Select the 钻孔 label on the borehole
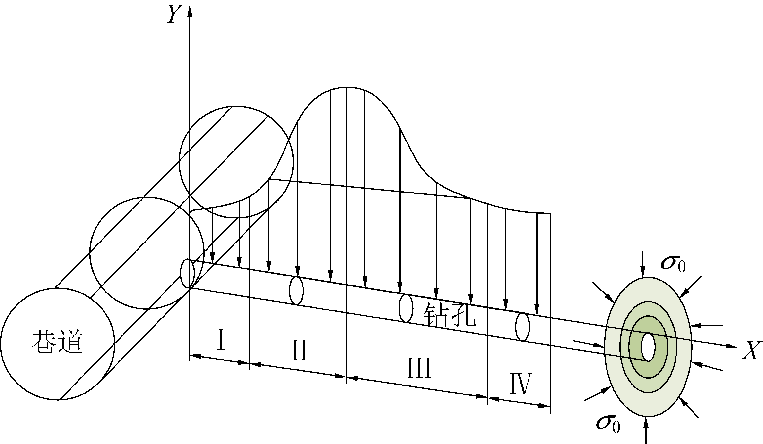(x=449, y=315)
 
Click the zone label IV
(x=520, y=384)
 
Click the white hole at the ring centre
(x=648, y=347)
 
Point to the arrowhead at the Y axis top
(x=190, y=11)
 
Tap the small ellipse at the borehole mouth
(x=187, y=273)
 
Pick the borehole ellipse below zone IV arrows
(x=522, y=327)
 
